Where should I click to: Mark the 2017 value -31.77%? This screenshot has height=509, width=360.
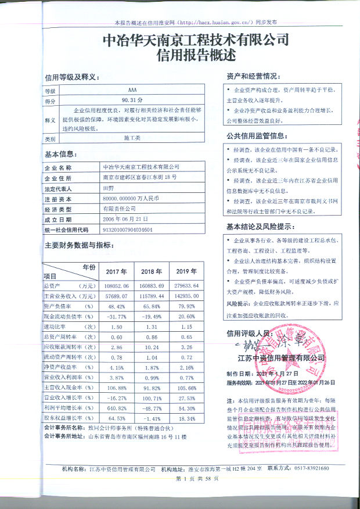(x=116, y=316)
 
